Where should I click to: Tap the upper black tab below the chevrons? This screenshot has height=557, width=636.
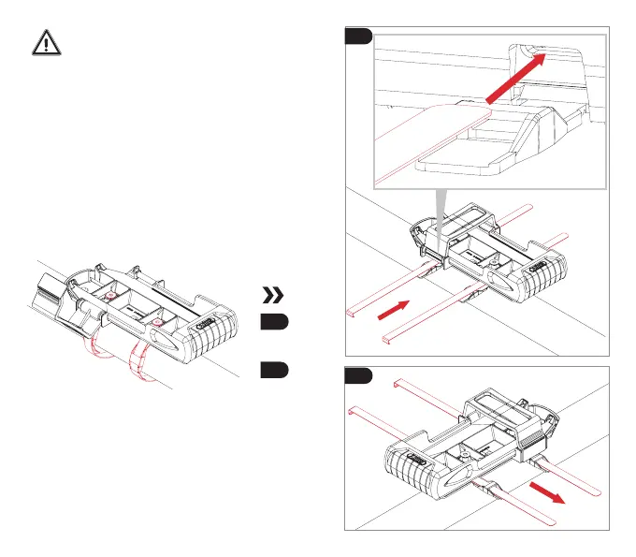point(274,324)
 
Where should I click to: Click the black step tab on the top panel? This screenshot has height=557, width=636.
point(358,37)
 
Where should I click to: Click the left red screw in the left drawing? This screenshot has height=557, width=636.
point(109,297)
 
